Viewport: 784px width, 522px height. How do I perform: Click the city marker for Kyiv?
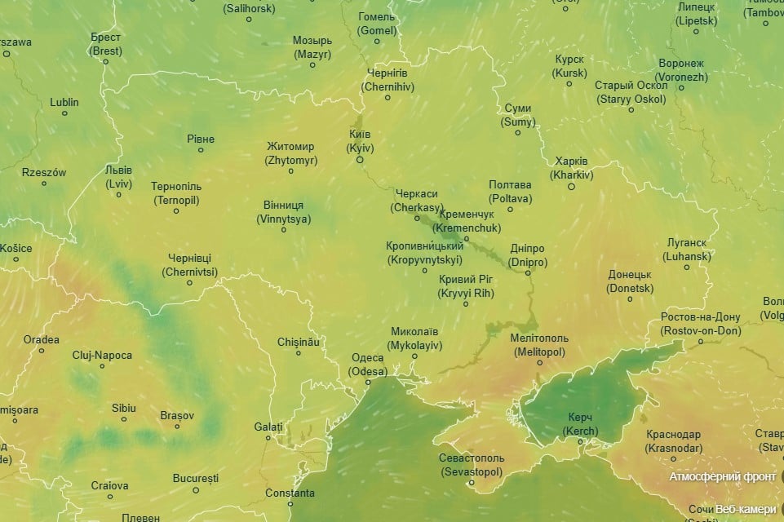pos(359,160)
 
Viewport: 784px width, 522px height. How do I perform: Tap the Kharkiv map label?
pos(571,168)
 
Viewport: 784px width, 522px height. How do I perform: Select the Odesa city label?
pos(367,365)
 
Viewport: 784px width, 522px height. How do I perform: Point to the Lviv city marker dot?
pos(118,194)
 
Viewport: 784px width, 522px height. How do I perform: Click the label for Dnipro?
pos(527,255)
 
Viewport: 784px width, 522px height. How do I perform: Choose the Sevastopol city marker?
pos(472,483)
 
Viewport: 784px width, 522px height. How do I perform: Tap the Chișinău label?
pos(299,342)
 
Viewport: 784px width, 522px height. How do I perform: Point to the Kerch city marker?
pos(580,442)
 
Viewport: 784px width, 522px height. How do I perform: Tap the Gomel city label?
pos(377,24)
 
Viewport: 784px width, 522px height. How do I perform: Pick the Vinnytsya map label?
pos(283,212)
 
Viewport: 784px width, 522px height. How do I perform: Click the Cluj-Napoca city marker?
pos(102,366)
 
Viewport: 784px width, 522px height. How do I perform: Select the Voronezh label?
pos(681,70)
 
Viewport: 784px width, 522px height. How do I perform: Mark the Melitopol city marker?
pos(539,363)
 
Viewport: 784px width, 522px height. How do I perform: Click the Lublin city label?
pos(64,102)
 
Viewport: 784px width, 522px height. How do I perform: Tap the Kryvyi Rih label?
pos(465,286)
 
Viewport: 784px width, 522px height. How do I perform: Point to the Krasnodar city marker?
pos(673,459)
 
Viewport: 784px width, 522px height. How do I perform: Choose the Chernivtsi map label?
pos(190,265)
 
